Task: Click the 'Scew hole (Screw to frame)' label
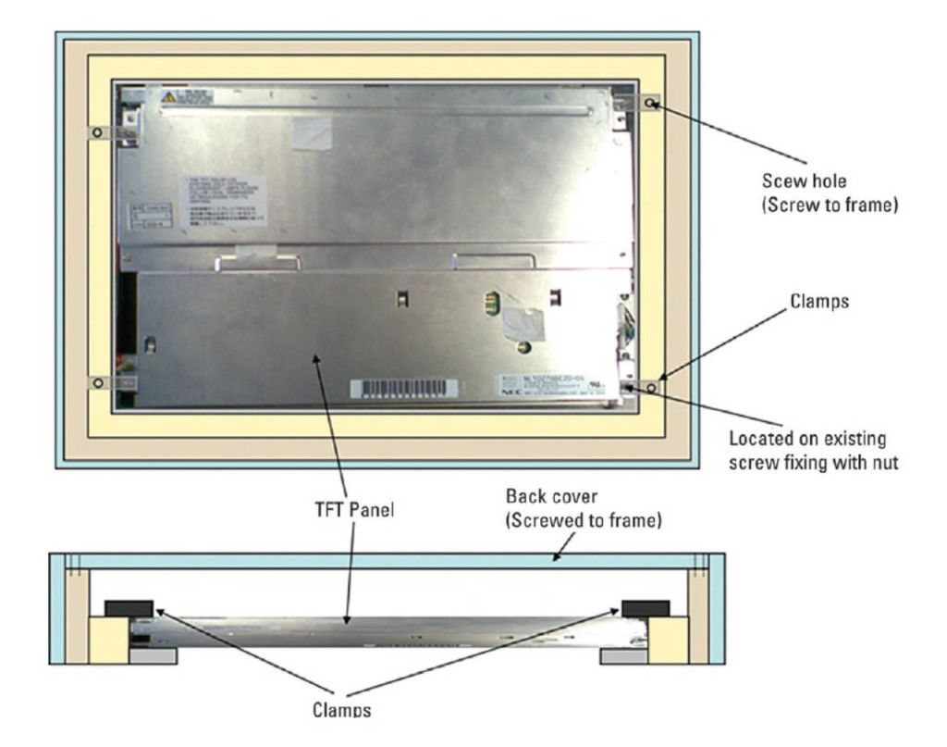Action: point(830,195)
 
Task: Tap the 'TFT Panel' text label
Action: point(351,508)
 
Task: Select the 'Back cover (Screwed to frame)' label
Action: point(583,508)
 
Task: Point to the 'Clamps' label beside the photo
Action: point(819,301)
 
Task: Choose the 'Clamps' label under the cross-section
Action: point(342,710)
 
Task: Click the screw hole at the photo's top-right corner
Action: point(651,104)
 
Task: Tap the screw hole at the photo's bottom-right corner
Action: point(651,387)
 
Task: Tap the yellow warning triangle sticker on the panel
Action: point(169,95)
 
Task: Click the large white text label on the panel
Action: point(223,200)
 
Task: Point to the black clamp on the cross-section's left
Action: point(129,608)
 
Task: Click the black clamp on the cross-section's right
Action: point(646,608)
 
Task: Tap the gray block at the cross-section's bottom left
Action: point(152,655)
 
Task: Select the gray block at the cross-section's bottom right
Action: point(623,655)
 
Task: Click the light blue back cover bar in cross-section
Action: point(388,561)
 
